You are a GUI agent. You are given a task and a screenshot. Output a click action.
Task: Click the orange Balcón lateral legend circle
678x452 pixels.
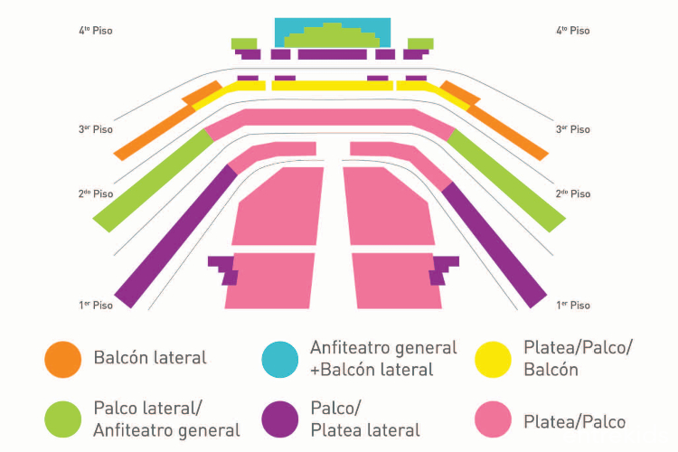click(x=63, y=359)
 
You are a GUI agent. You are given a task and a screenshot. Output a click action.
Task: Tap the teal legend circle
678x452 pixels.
click(x=280, y=359)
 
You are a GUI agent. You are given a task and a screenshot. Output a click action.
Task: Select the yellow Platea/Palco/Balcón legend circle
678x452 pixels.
click(x=494, y=359)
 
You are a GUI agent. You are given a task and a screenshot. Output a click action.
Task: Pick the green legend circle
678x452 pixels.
click(x=63, y=419)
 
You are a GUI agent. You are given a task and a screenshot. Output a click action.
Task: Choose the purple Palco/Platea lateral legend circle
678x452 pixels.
click(x=280, y=419)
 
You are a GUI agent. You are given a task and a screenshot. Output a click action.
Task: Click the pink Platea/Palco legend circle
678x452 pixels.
click(x=494, y=419)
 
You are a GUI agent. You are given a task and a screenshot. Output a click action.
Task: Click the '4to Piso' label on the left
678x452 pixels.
click(x=96, y=31)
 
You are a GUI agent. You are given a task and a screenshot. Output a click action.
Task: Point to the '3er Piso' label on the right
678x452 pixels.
click(x=573, y=129)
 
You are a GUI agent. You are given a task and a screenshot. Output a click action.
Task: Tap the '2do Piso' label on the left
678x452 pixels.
click(x=96, y=193)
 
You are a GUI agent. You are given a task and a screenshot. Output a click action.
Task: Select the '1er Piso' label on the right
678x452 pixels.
click(x=573, y=306)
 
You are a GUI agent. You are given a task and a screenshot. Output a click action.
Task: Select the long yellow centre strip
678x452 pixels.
click(x=332, y=86)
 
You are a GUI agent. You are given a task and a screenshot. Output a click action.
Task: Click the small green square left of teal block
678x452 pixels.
click(x=244, y=43)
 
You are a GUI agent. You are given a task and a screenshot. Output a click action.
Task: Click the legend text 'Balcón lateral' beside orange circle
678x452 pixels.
click(x=150, y=358)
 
